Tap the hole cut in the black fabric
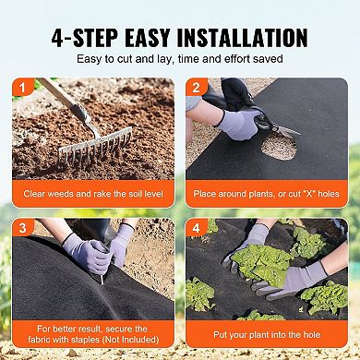[x=279, y=145]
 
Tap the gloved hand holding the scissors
[x=237, y=120]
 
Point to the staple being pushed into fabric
[x=101, y=276]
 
